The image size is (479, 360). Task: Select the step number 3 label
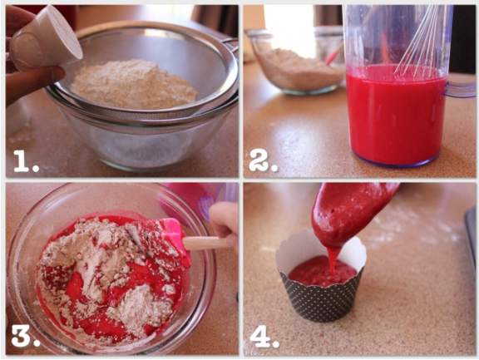tap(26, 337)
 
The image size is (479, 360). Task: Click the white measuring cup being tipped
tap(46, 38)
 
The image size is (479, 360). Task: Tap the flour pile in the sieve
tap(134, 85)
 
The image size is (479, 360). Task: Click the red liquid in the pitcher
tap(396, 116)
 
